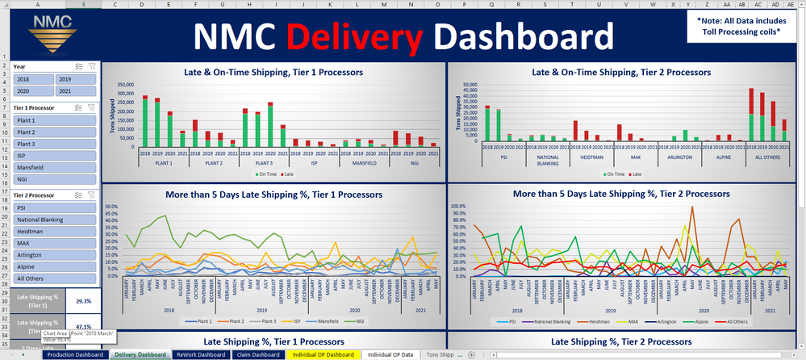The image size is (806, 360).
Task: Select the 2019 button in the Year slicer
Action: click(x=76, y=79)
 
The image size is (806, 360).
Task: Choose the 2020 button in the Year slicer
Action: click(x=33, y=92)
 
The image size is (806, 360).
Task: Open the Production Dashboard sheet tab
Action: click(x=74, y=354)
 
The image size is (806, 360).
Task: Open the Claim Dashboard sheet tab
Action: click(x=256, y=354)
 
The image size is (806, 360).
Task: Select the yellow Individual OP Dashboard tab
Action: click(x=322, y=354)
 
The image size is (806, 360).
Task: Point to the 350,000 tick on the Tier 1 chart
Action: click(x=126, y=84)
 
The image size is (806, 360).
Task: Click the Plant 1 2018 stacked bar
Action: click(x=145, y=121)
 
